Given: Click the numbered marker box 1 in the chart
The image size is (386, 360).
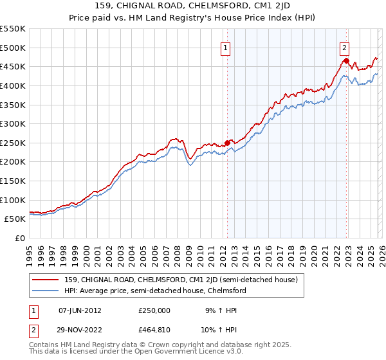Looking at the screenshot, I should [x=226, y=47].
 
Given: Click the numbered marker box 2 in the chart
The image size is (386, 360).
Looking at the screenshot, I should [x=345, y=47].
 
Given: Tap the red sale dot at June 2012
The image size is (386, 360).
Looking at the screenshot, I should [x=227, y=143].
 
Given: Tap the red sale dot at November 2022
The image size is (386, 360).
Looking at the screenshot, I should [x=346, y=61].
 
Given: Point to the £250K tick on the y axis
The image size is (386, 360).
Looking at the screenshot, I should [x=13, y=143].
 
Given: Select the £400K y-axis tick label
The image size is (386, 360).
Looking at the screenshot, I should [x=13, y=85].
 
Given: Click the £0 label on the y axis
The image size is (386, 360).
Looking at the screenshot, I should [x=19, y=238].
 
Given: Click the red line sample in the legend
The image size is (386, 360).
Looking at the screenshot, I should [x=46, y=280].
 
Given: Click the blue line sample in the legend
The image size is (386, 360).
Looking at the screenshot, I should [x=46, y=291].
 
